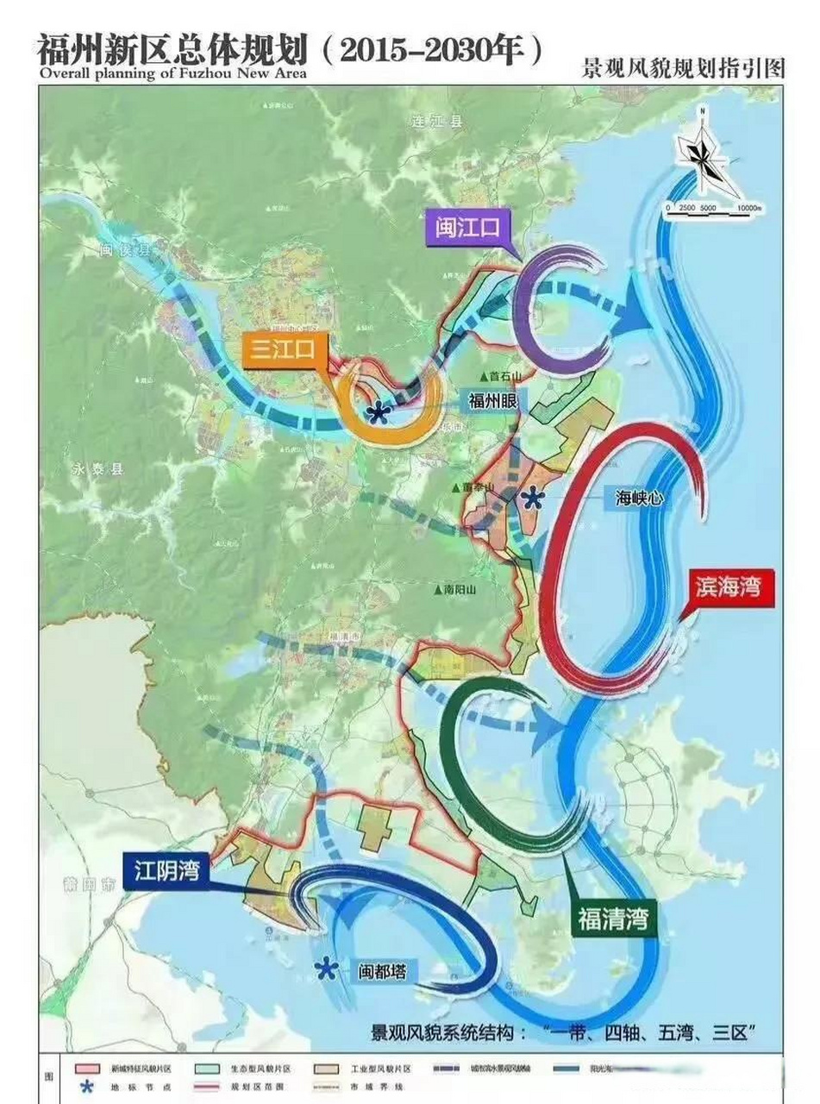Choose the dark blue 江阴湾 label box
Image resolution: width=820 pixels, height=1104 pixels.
(166, 871)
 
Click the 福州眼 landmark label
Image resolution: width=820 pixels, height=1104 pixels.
(492, 401)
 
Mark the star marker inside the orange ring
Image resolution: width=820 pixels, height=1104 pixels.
(376, 413)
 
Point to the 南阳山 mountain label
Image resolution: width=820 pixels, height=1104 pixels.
(456, 591)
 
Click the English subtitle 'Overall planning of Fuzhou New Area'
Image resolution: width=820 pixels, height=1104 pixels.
(172, 72)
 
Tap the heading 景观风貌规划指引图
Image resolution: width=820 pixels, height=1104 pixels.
(685, 69)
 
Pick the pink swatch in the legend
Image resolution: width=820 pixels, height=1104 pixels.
(86, 1068)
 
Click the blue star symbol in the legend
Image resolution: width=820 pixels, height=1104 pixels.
(86, 1088)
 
